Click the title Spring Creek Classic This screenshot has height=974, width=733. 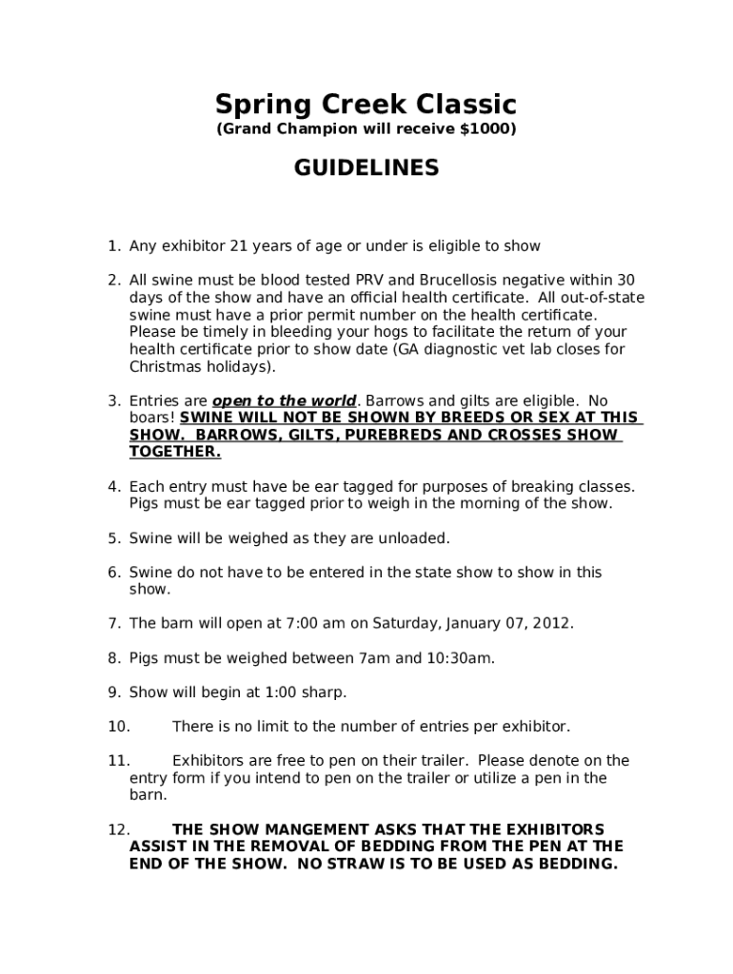(366, 103)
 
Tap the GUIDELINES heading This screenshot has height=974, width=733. (366, 168)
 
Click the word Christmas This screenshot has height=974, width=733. (163, 366)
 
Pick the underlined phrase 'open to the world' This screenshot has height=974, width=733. (284, 400)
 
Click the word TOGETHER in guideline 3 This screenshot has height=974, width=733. (174, 452)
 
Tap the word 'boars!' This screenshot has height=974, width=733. (151, 418)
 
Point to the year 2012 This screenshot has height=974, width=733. (551, 624)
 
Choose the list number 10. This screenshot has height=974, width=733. (118, 727)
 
